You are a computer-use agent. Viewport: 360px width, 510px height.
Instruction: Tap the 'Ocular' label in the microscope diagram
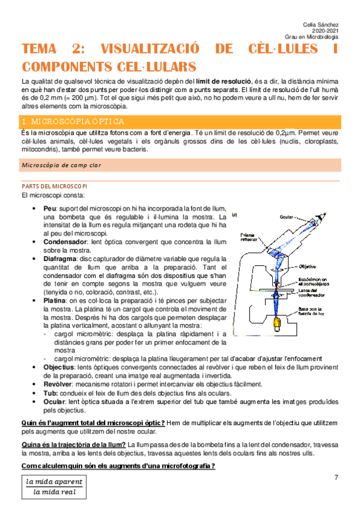click(x=287, y=217)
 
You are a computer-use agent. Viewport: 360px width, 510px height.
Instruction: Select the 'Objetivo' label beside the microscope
click(x=307, y=265)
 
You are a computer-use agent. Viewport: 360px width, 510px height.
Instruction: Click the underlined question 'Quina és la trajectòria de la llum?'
click(x=74, y=444)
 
